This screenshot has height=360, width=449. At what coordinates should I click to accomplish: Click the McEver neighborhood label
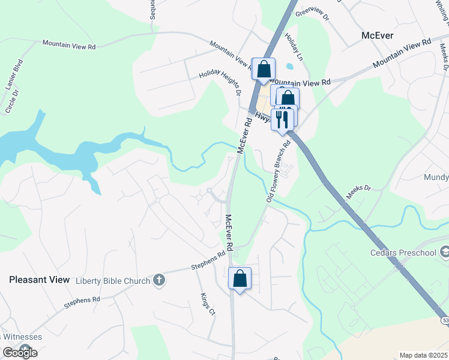pyautogui.click(x=378, y=35)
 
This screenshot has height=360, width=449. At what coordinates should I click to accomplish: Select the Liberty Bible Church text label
pyautogui.click(x=112, y=280)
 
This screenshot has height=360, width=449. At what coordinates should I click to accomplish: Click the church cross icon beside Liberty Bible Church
pyautogui.click(x=158, y=280)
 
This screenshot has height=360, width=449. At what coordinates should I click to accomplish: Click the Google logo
pyautogui.click(x=20, y=353)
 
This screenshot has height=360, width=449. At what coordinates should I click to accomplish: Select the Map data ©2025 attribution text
pyautogui.click(x=423, y=355)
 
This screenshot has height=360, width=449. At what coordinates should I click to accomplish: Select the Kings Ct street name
pyautogui.click(x=207, y=304)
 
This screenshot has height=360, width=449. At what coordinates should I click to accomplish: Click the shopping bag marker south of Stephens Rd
pyautogui.click(x=240, y=279)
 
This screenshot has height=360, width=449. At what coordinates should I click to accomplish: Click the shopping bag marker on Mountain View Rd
pyautogui.click(x=264, y=70)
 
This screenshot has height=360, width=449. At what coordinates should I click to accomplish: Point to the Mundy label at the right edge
pyautogui.click(x=436, y=178)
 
